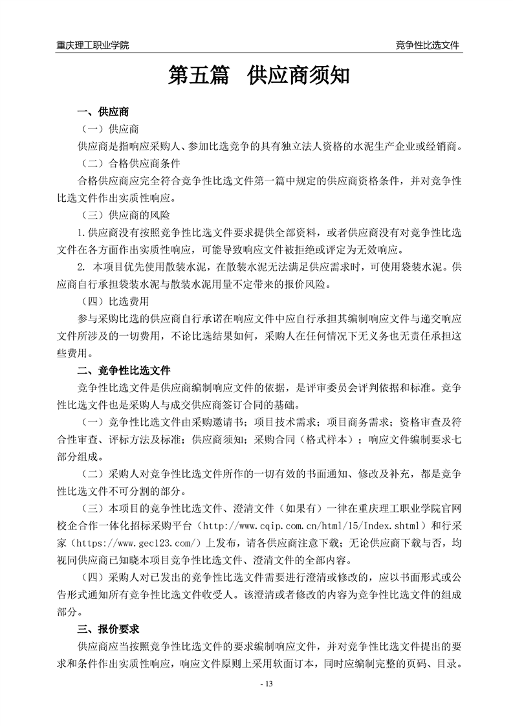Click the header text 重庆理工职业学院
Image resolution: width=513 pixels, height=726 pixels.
(x=93, y=45)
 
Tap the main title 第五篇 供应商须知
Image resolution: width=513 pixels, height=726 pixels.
(x=259, y=76)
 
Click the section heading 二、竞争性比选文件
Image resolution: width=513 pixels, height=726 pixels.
(x=124, y=371)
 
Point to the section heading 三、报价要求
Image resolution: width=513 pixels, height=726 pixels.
(x=107, y=629)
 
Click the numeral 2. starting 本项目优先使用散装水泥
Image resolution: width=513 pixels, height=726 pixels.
(x=82, y=267)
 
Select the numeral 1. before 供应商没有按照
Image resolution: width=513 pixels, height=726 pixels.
(x=81, y=232)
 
